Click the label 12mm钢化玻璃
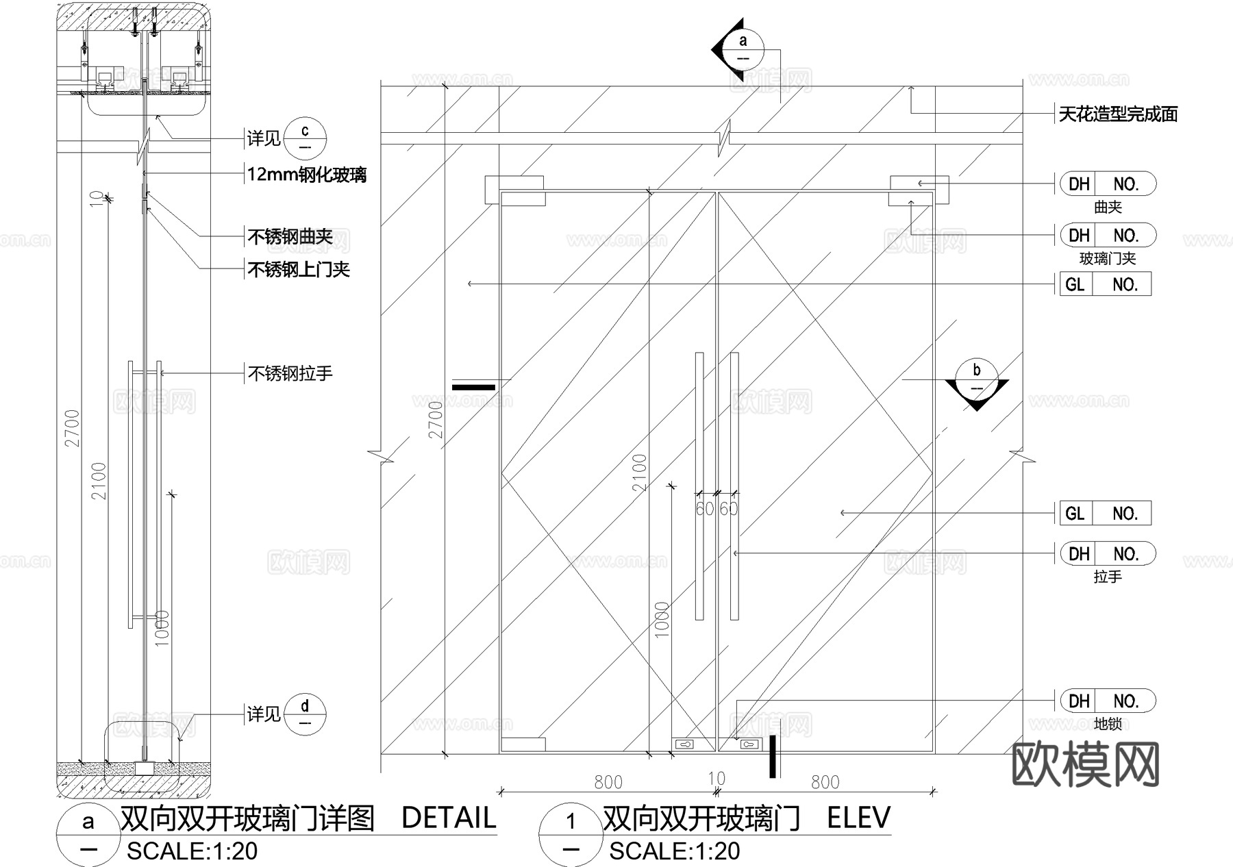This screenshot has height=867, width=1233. point(306,175)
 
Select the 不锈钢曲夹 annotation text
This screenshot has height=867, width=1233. point(290,237)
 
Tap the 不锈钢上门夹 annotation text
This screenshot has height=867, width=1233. point(299,270)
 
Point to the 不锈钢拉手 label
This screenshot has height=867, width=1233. point(290,374)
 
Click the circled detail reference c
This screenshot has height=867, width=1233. point(305,138)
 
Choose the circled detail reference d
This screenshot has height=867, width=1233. point(305,714)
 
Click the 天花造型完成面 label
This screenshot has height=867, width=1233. point(1118,114)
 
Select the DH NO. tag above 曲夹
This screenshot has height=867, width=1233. point(1108,184)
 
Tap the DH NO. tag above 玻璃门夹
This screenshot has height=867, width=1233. point(1108,236)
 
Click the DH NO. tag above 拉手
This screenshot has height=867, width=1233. point(1108,553)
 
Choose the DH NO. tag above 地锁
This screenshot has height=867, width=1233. point(1108,701)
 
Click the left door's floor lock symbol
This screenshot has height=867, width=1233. point(685,744)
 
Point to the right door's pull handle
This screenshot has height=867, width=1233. point(734,486)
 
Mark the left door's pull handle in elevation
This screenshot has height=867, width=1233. point(699,486)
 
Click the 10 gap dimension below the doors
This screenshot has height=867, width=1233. point(717,779)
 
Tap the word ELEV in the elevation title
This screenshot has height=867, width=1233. point(858,818)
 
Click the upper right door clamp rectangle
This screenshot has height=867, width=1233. point(919,190)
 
